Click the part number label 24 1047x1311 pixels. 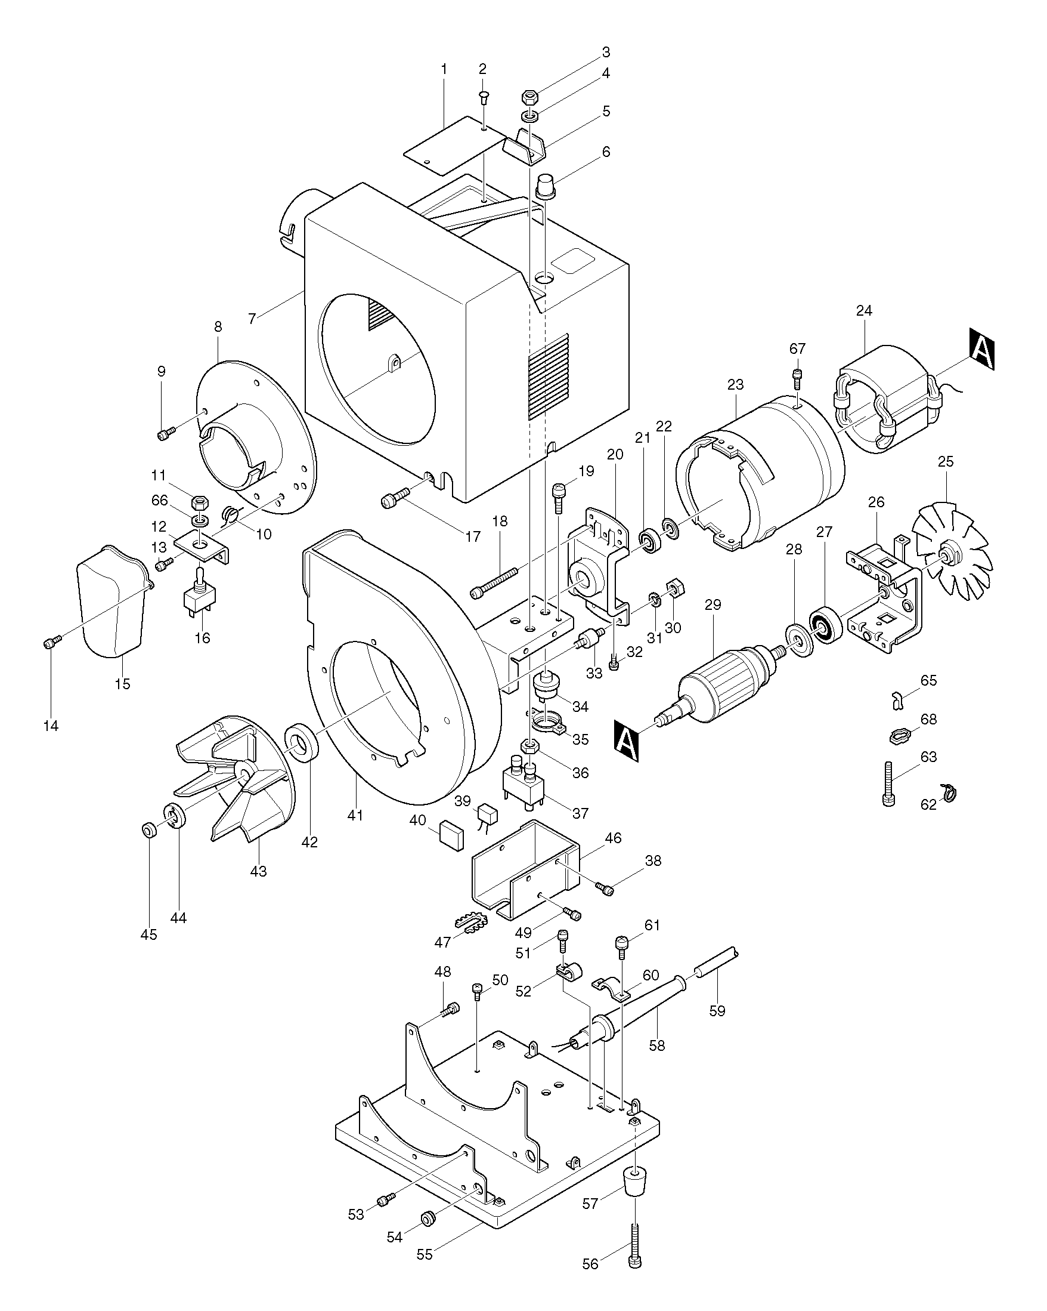coord(863,311)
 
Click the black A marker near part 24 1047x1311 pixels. coord(981,349)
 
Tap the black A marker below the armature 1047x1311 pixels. coord(626,740)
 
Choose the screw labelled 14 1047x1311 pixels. coord(51,641)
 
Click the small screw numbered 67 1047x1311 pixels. coord(797,378)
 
